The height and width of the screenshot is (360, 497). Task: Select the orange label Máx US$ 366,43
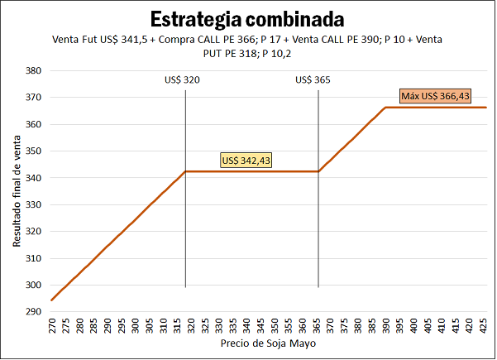click(x=435, y=97)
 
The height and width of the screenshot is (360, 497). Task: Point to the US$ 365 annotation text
click(x=314, y=80)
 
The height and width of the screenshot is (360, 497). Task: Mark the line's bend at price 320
click(x=185, y=171)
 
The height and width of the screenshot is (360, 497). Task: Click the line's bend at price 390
click(x=385, y=108)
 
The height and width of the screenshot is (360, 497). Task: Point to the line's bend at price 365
click(x=318, y=171)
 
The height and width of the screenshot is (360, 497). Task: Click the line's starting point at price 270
click(x=51, y=300)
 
